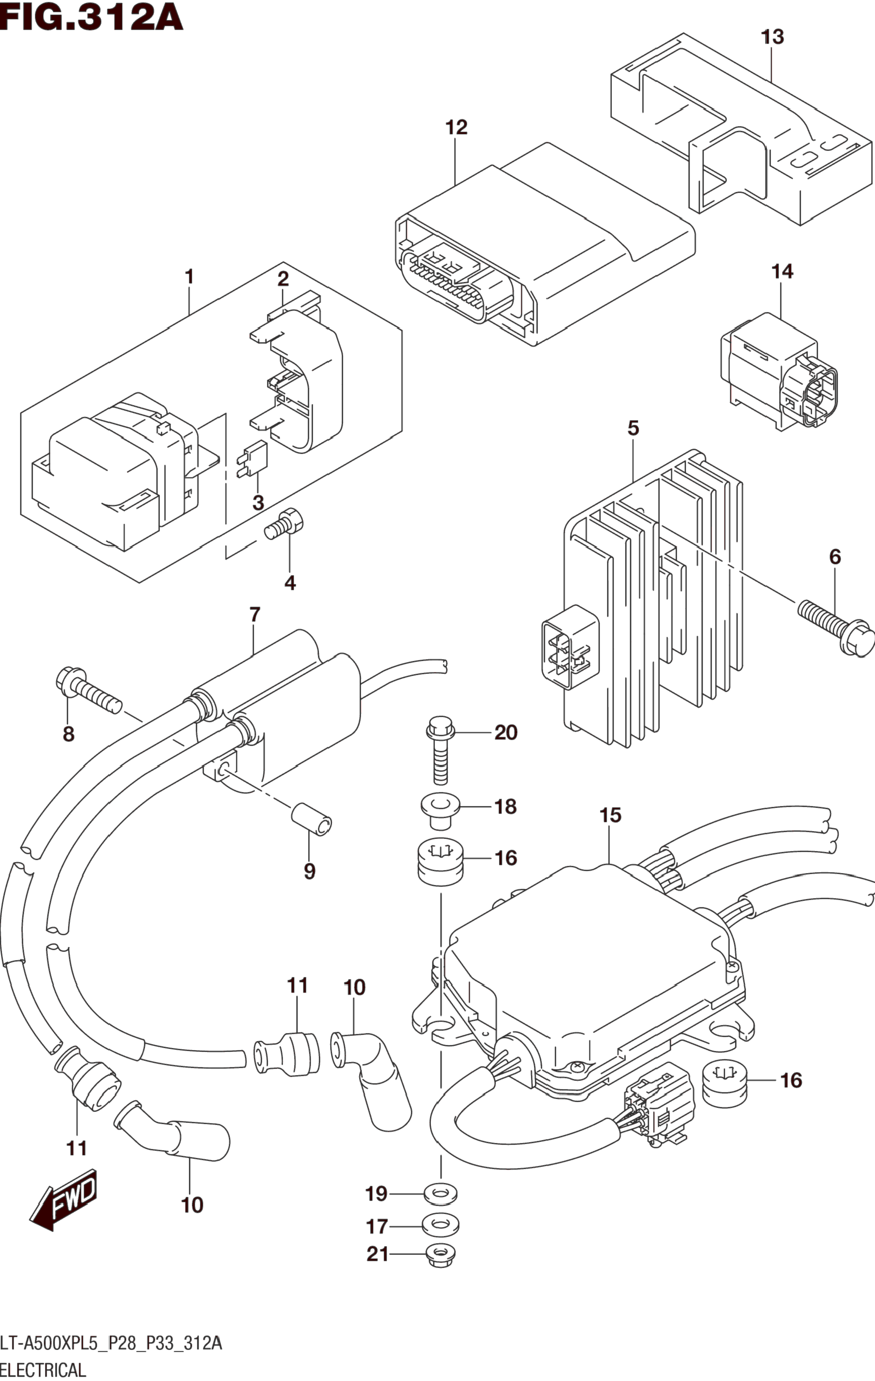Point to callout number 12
(x=457, y=127)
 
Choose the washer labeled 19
(x=440, y=1195)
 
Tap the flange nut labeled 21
(x=440, y=1255)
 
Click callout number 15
(x=610, y=815)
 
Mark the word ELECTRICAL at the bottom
(x=44, y=1370)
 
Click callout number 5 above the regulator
(x=633, y=428)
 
